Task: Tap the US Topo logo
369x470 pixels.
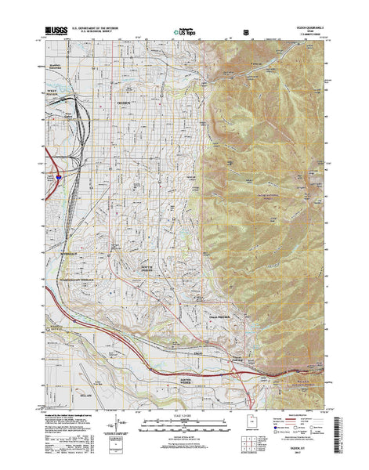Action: (181, 31)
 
